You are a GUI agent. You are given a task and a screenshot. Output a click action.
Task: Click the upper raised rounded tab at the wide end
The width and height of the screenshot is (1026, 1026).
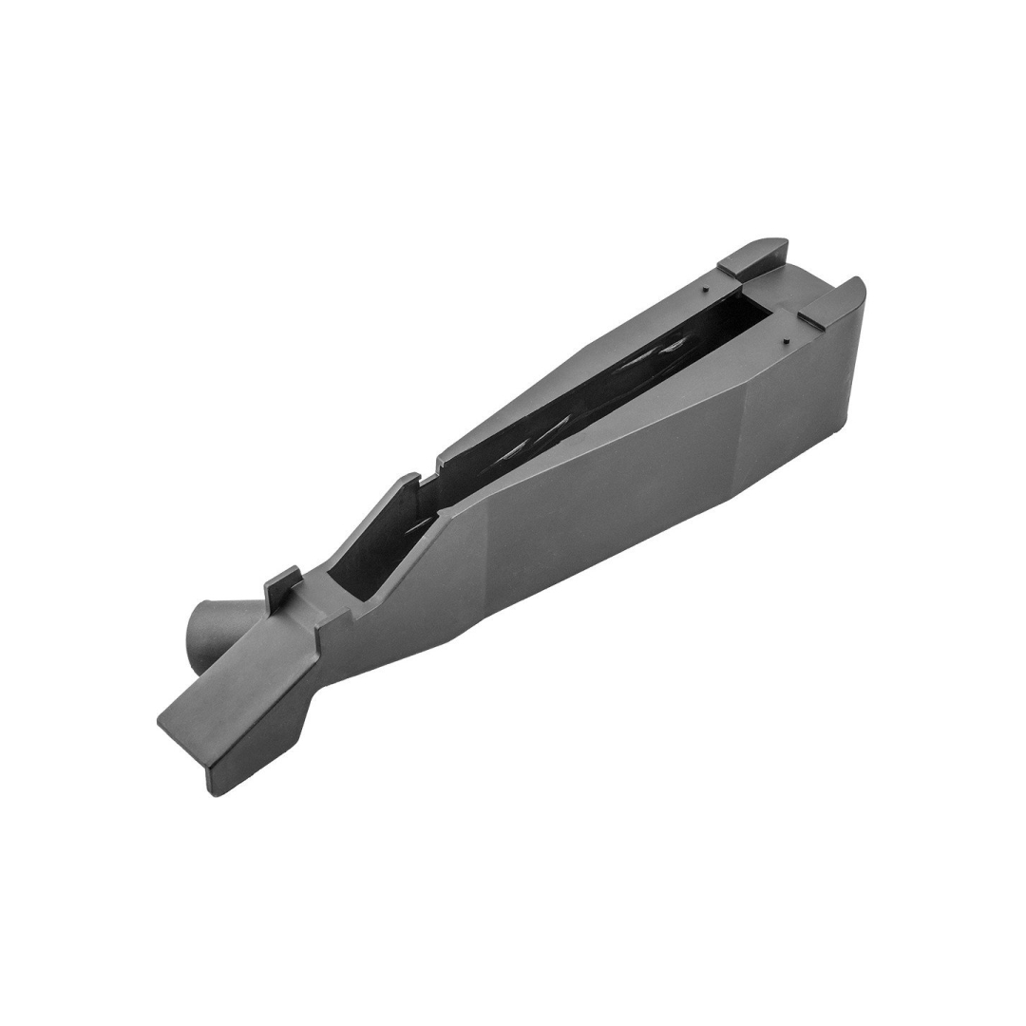pyautogui.click(x=754, y=256)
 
